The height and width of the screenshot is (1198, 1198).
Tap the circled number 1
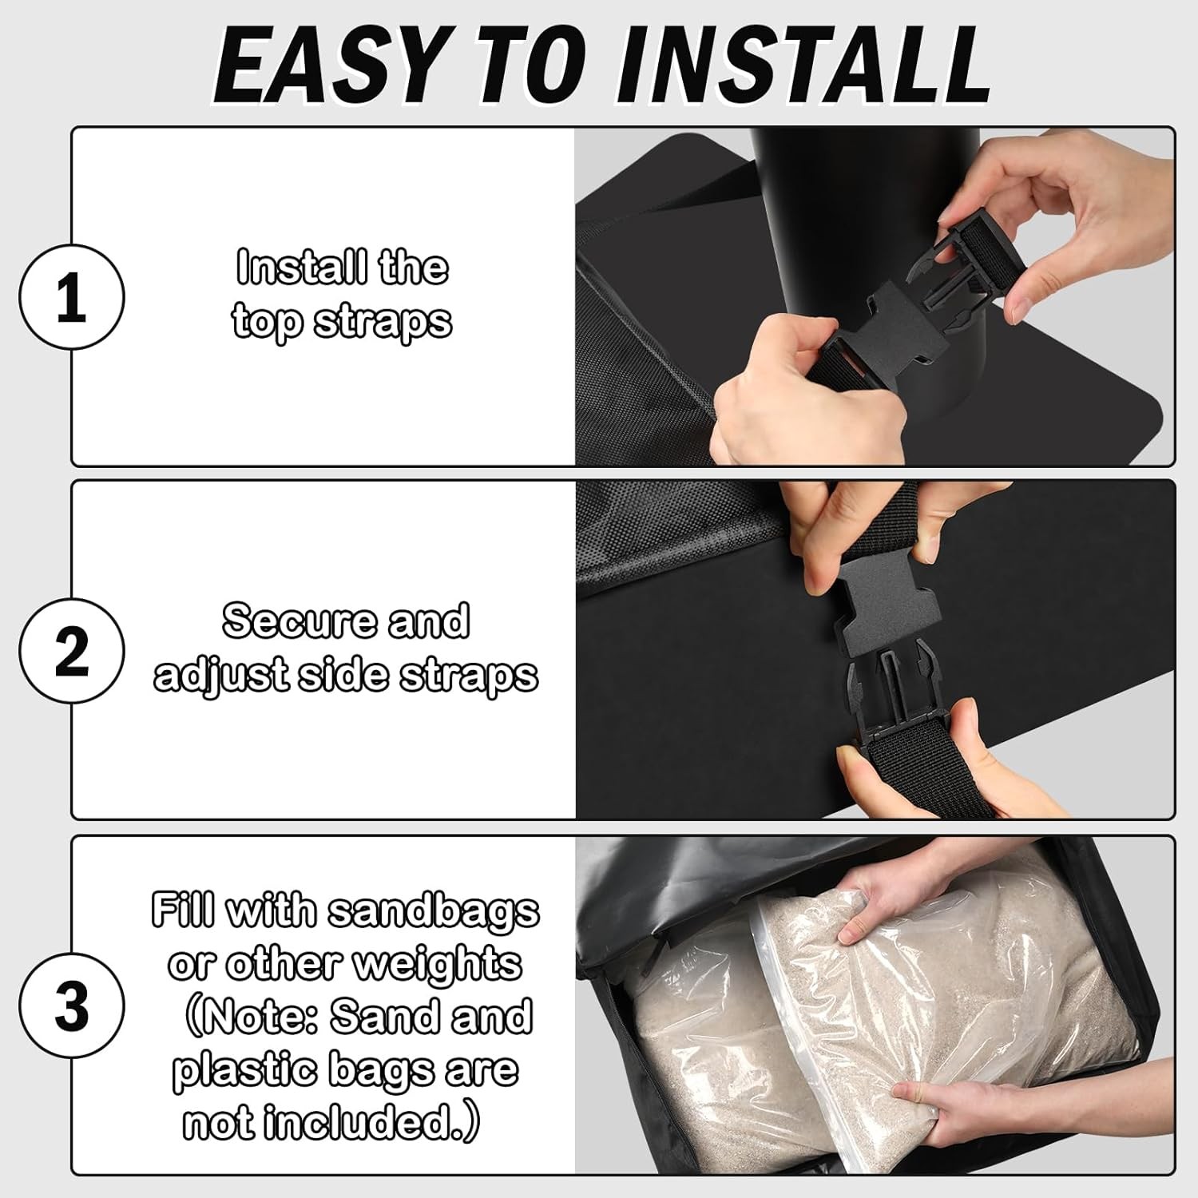[x=72, y=296]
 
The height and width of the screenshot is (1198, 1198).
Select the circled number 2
[x=72, y=651]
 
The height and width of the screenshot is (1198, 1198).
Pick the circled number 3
[x=72, y=1006]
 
